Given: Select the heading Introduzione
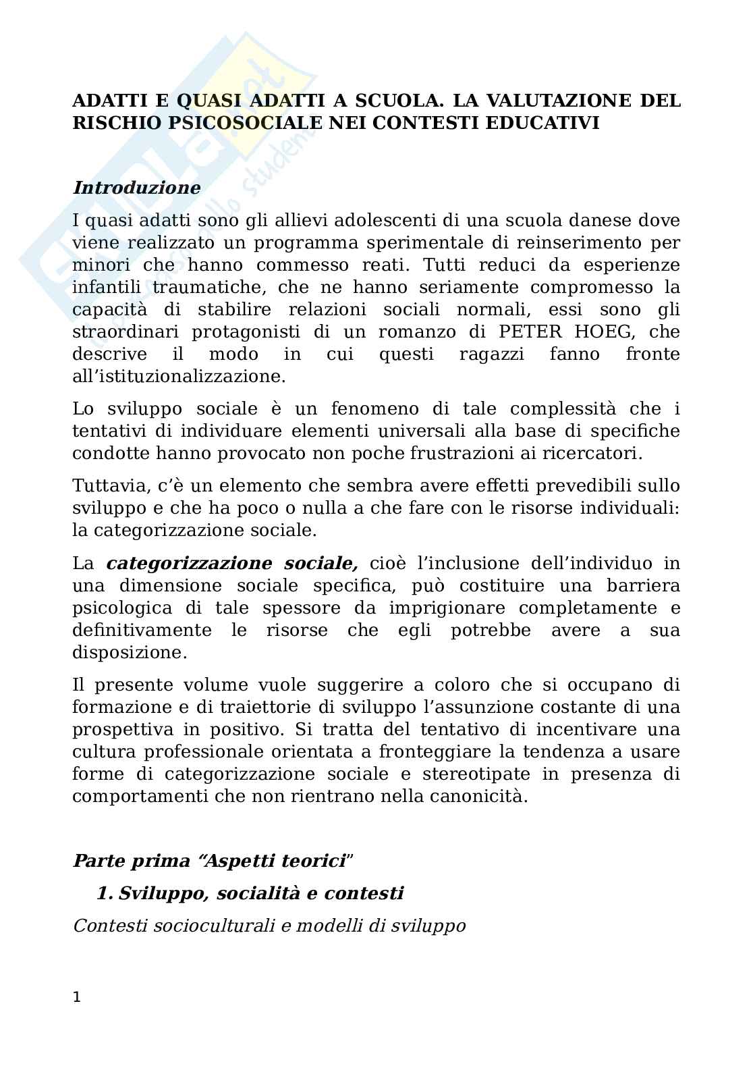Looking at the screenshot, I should (x=136, y=188).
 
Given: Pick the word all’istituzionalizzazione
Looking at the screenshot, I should (x=179, y=377).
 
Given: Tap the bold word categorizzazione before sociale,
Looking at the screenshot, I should (x=190, y=564).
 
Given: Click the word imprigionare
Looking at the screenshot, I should (x=447, y=608).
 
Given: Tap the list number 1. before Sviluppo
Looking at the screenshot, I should (x=104, y=894).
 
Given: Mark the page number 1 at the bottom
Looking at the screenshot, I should (x=76, y=997).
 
